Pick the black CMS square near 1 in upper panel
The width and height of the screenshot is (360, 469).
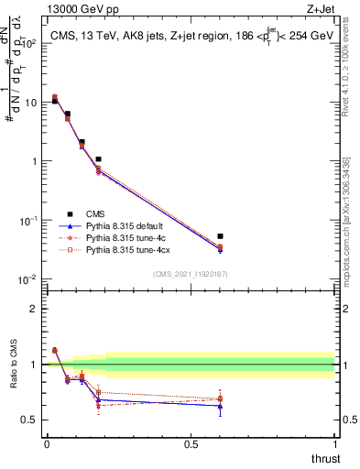(x=98, y=159)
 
